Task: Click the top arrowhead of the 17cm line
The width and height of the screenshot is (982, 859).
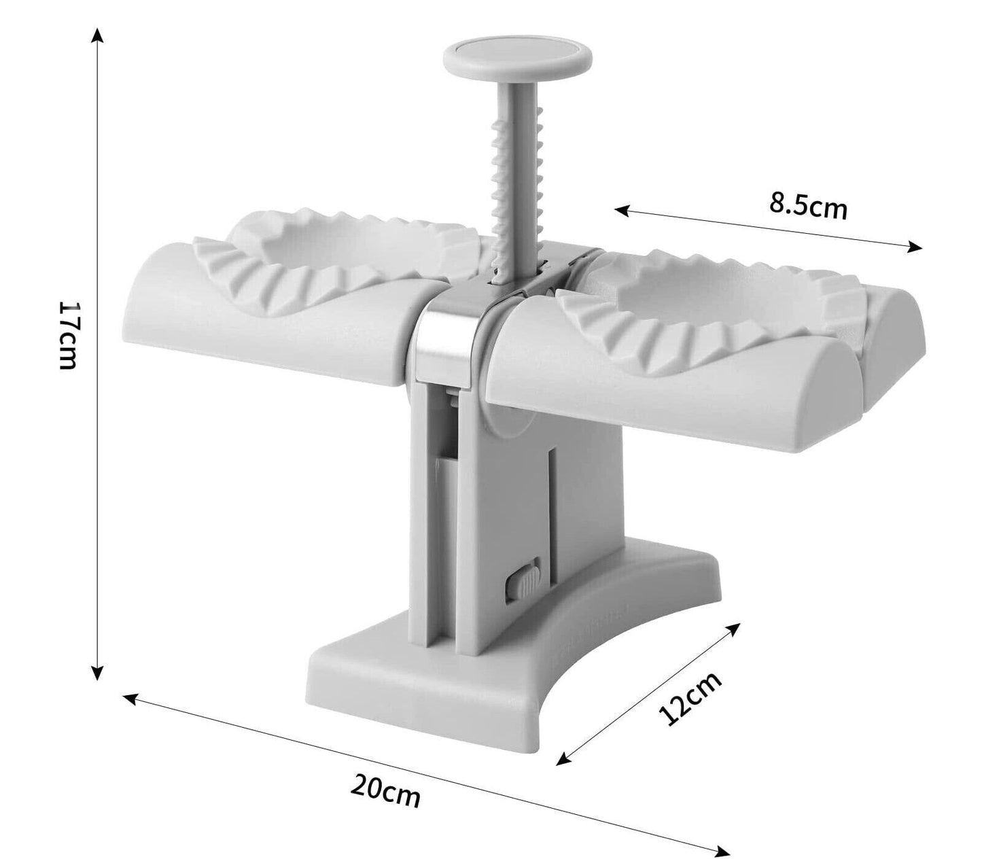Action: click(99, 33)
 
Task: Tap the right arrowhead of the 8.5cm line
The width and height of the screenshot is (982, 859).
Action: click(917, 248)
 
